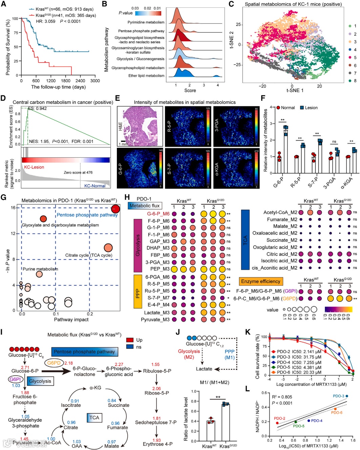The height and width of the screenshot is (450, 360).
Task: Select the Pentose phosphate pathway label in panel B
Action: (x=141, y=31)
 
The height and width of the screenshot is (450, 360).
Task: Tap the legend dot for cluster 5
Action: (x=350, y=58)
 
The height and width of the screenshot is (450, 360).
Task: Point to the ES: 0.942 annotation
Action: (x=37, y=109)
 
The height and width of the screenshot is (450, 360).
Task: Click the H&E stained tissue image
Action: (x=140, y=126)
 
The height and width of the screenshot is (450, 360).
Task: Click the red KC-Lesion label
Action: (x=34, y=167)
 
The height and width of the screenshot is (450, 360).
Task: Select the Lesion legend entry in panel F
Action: (x=308, y=108)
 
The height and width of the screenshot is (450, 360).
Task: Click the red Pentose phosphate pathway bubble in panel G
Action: (x=115, y=209)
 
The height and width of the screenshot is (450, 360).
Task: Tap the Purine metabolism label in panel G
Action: (x=40, y=269)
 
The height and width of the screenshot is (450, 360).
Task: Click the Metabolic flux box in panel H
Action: (x=144, y=205)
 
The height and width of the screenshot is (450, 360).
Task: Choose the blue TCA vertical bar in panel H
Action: (x=245, y=240)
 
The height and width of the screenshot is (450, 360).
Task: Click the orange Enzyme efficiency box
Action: (x=261, y=281)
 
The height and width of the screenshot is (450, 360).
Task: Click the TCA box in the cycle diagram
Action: (x=94, y=418)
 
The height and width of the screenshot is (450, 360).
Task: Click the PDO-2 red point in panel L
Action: (x=277, y=423)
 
